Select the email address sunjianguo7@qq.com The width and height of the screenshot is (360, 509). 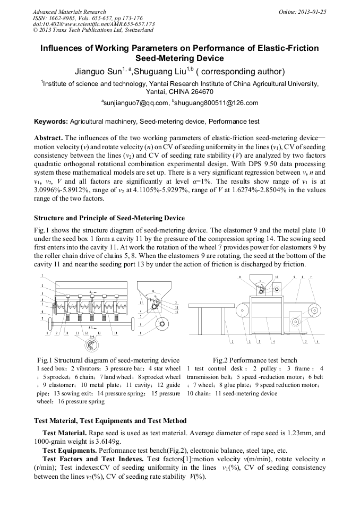pyautogui.click(x=135, y=103)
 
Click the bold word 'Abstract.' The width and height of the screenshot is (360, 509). pyautogui.click(x=48, y=137)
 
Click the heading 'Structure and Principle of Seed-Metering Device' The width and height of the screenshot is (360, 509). pyautogui.click(x=109, y=218)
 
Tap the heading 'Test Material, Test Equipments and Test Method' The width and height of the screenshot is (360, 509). pyautogui.click(x=110, y=421)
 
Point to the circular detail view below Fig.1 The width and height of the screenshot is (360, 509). pyautogui.click(x=91, y=346)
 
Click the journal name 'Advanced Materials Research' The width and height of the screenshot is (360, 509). pyautogui.click(x=69, y=12)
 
